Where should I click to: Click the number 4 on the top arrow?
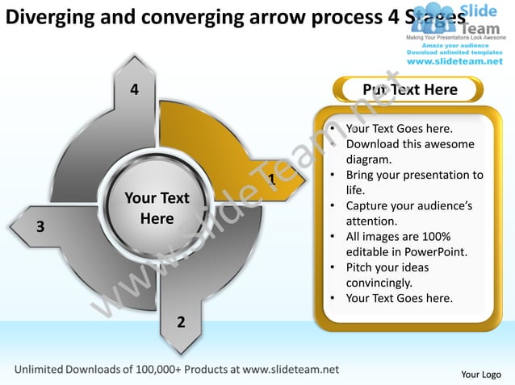pyautogui.click(x=135, y=89)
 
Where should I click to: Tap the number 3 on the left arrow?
pyautogui.click(x=40, y=226)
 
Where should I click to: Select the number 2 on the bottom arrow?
pyautogui.click(x=181, y=322)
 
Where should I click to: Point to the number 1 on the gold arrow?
pyautogui.click(x=272, y=179)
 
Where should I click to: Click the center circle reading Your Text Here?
pyautogui.click(x=157, y=208)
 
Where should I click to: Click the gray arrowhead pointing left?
pyautogui.click(x=20, y=219)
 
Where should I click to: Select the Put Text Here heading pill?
pyautogui.click(x=410, y=89)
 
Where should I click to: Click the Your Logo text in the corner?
pyautogui.click(x=481, y=374)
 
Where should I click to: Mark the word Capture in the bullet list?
pyautogui.click(x=368, y=205)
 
